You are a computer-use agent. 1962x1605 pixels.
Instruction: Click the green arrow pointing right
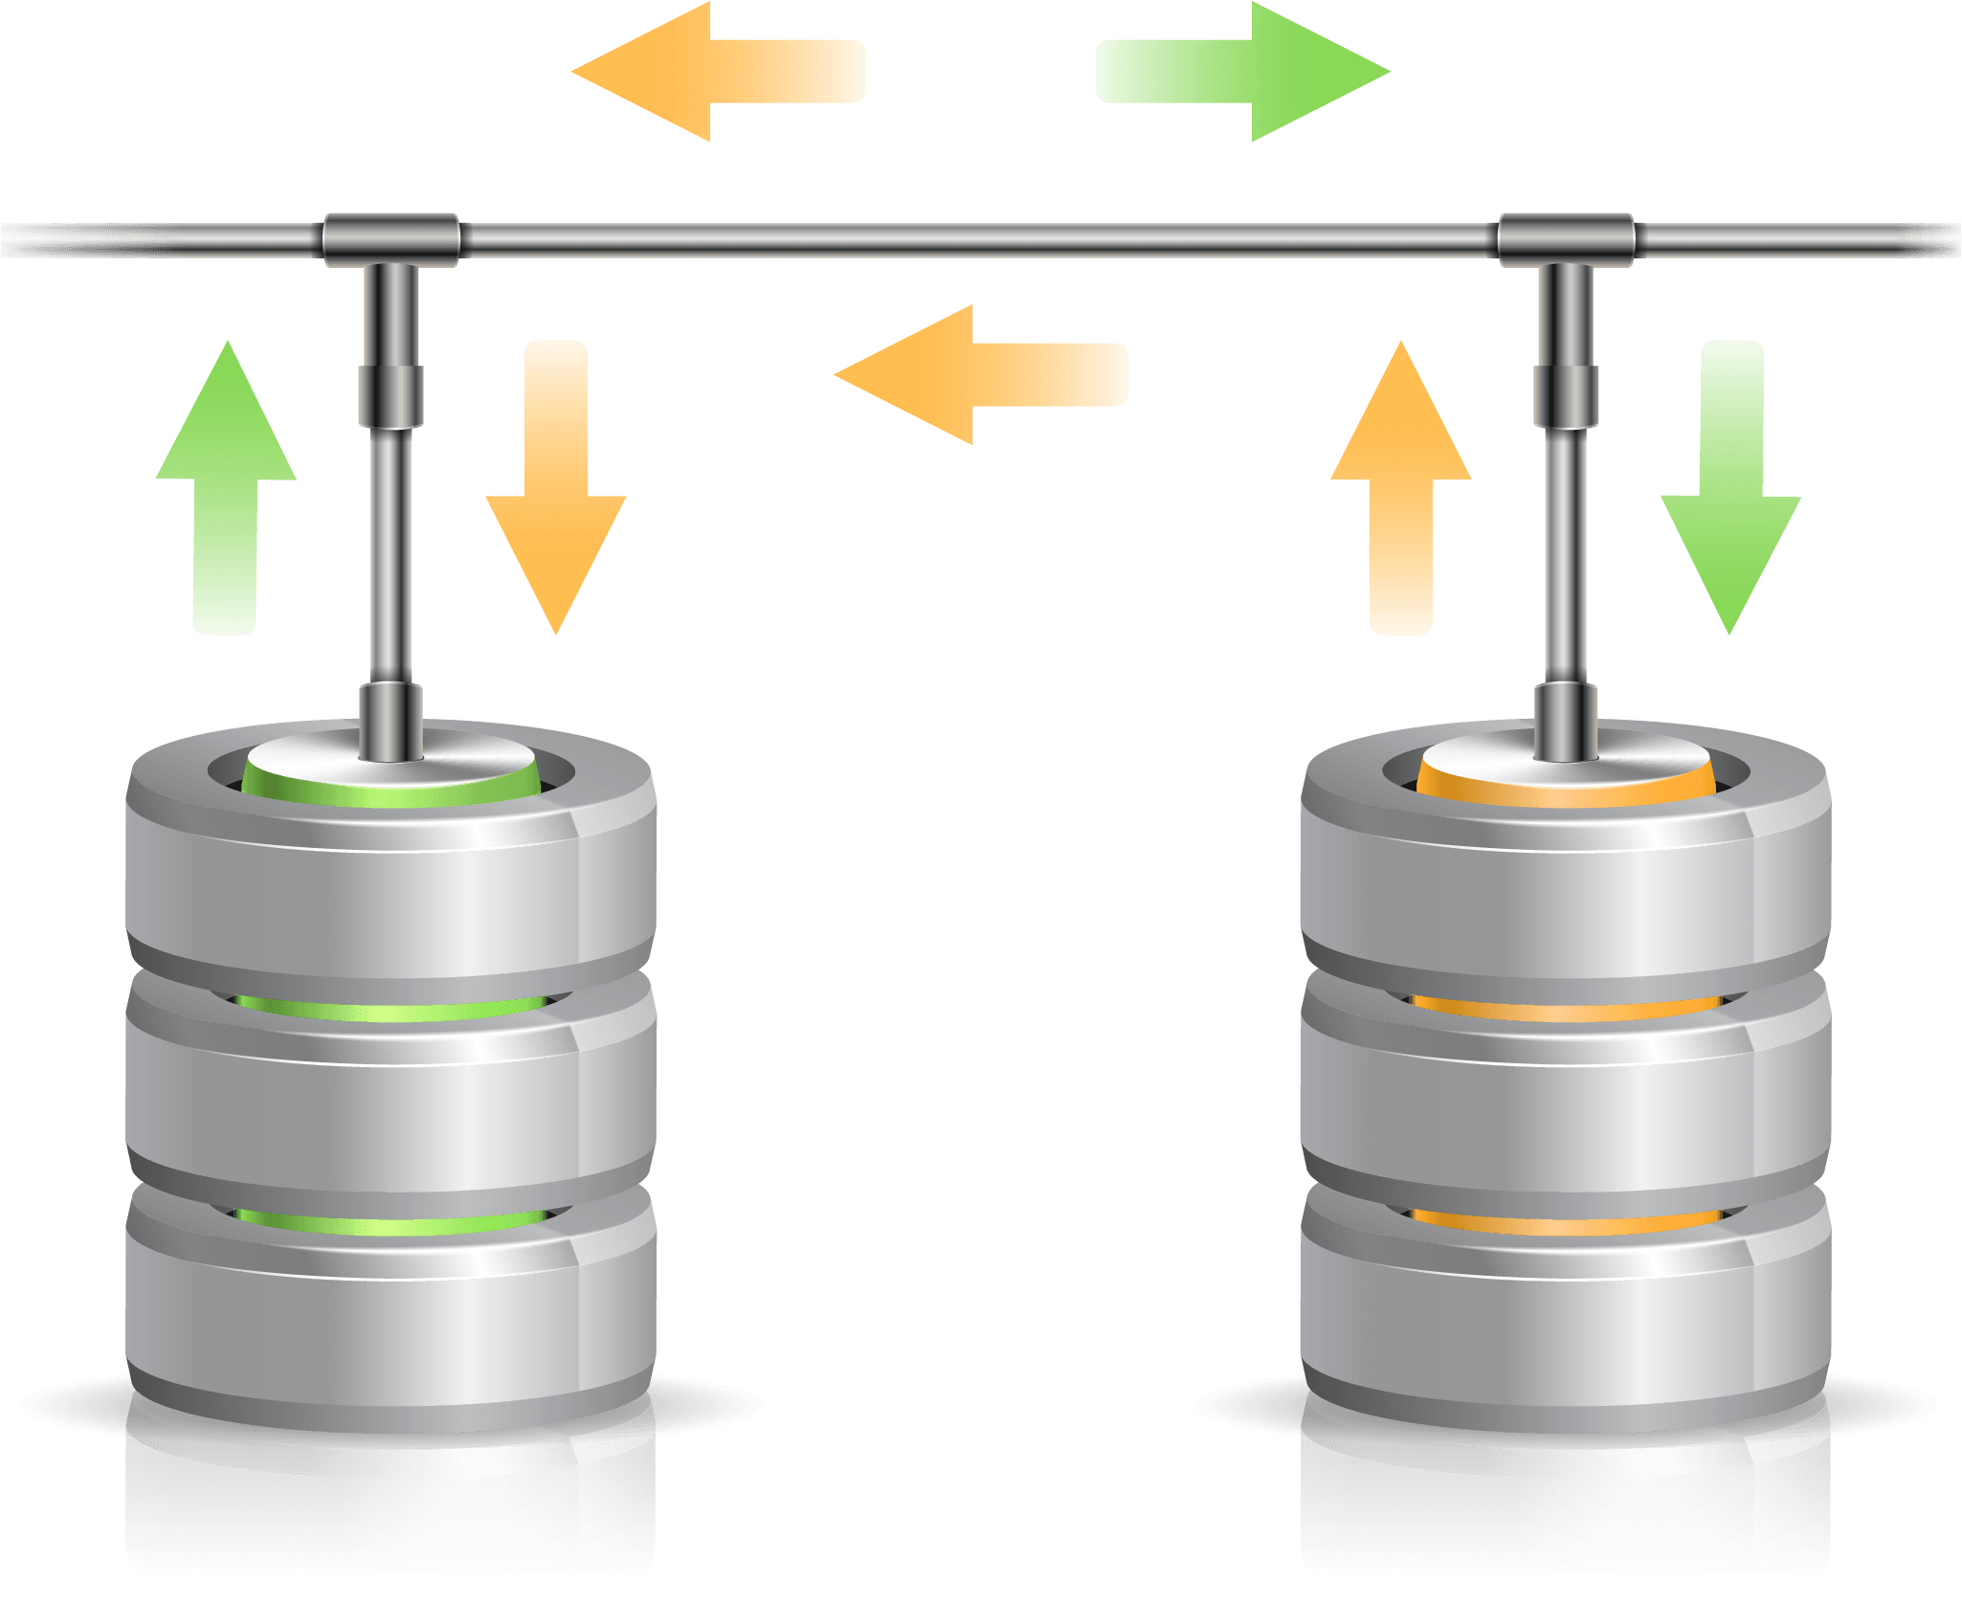(1235, 72)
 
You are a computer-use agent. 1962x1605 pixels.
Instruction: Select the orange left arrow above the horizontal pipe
(727, 72)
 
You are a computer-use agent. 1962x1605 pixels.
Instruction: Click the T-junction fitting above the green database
(390, 239)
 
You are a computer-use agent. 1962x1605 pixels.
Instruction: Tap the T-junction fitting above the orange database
(1566, 239)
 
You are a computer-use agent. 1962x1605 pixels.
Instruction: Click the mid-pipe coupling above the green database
(390, 395)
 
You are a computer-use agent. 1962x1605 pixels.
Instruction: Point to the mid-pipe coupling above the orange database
(1566, 395)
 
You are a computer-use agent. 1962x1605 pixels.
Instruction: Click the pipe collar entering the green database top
(390, 720)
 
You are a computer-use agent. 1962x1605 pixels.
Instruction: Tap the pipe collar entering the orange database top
(1566, 720)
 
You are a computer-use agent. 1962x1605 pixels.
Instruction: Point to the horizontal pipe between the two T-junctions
(976, 236)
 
